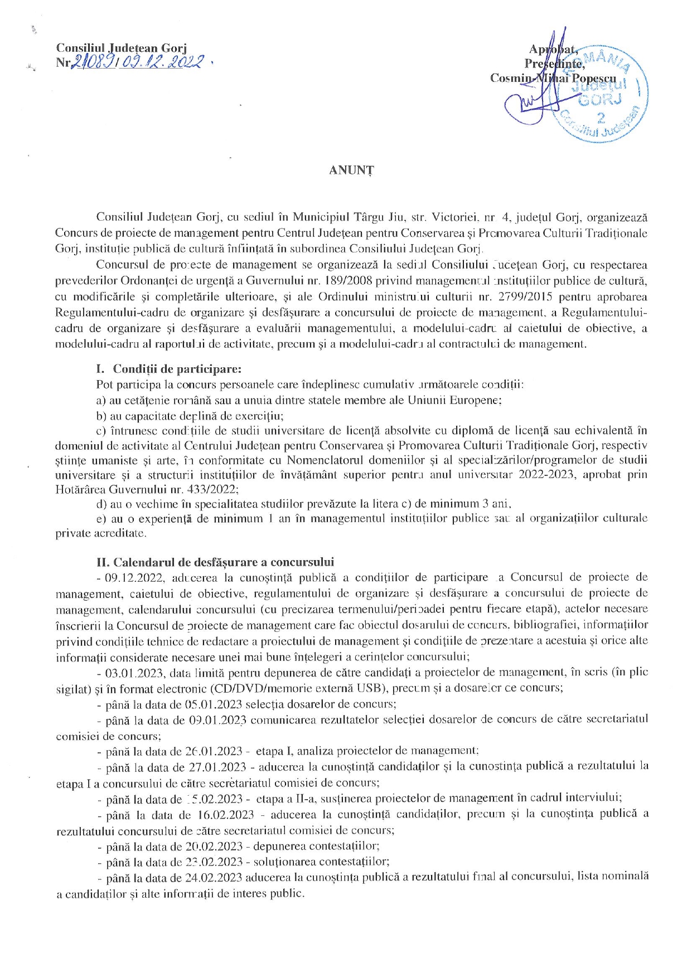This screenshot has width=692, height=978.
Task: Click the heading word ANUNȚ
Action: coord(351,171)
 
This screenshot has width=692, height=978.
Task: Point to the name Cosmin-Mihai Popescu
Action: coord(553,78)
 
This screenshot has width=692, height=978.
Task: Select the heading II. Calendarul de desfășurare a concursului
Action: coord(215,562)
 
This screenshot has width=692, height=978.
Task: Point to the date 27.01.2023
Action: coord(215,767)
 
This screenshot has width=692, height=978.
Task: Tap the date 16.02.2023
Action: coord(226,815)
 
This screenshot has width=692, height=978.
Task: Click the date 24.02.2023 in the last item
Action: coord(214,877)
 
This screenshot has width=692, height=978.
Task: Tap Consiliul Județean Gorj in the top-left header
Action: coord(121,48)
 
